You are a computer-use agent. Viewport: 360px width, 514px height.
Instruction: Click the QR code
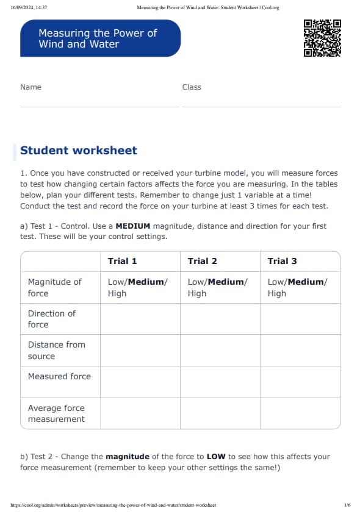(322, 38)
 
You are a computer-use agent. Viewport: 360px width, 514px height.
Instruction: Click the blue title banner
(101, 38)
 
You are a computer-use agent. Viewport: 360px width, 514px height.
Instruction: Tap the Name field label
(31, 87)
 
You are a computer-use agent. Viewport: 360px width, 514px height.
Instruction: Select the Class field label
(192, 87)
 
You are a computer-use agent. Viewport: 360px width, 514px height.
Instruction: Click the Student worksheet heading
(79, 151)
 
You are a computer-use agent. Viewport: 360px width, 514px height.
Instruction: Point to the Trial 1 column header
(122, 261)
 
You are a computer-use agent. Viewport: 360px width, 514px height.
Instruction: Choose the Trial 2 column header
(202, 261)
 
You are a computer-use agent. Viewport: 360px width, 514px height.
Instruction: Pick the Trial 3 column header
(282, 261)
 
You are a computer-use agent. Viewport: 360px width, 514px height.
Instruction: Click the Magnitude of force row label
(54, 287)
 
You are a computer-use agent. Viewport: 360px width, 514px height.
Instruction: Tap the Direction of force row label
(52, 319)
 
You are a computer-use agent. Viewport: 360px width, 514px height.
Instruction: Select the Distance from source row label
(56, 350)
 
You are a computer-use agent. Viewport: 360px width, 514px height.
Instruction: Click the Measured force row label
(59, 376)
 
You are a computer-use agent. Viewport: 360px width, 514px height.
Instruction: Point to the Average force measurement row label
(56, 413)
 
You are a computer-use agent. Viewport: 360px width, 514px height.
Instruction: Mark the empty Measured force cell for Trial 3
(300, 382)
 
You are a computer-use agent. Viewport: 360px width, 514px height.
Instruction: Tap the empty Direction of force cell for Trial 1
(140, 319)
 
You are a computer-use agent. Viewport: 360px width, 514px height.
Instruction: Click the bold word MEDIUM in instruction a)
(132, 226)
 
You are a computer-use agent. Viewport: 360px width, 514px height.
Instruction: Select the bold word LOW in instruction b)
(216, 457)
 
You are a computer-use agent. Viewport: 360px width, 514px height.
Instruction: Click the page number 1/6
(347, 505)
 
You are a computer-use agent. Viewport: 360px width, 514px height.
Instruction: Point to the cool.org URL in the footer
(113, 505)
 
